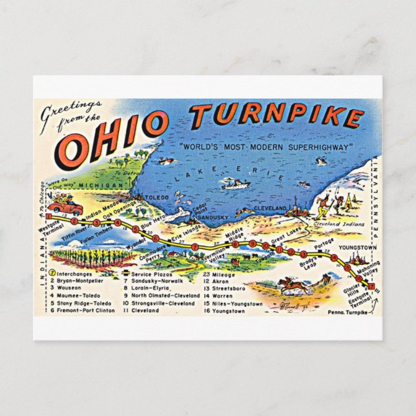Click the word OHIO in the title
114,138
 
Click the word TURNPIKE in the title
276,116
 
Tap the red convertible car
67,207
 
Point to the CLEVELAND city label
271,207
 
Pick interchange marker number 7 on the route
194,246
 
